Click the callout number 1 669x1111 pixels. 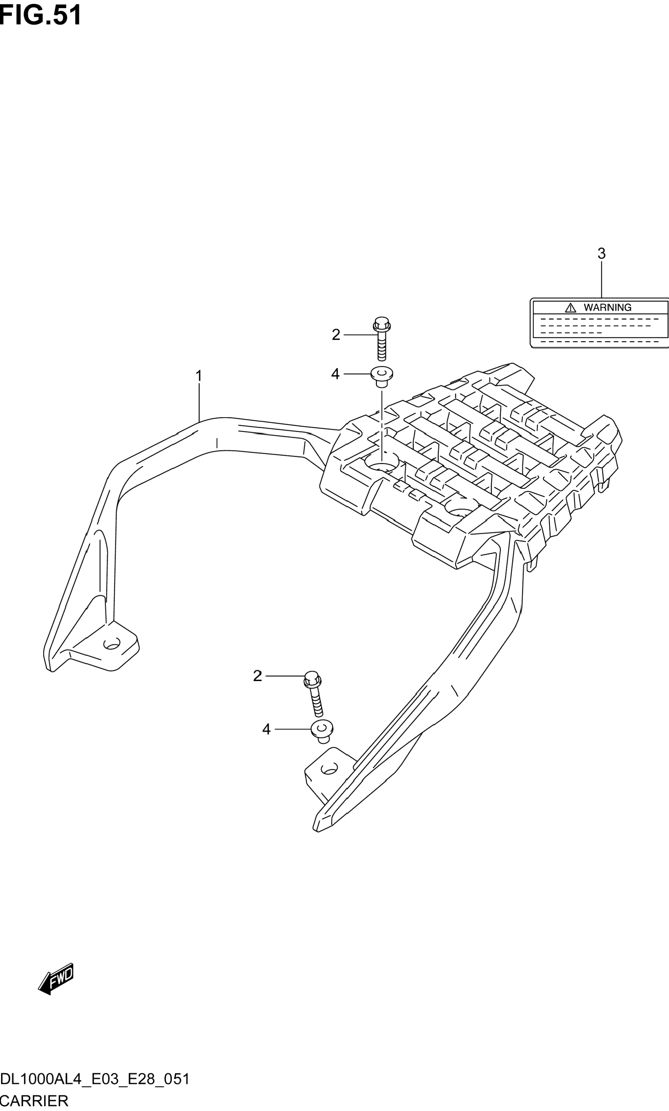coord(198,376)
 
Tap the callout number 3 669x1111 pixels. coord(601,254)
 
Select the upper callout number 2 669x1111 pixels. coord(336,335)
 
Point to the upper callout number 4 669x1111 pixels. coord(335,374)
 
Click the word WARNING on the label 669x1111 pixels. coord(608,307)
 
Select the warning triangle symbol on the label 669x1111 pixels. coord(571,308)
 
